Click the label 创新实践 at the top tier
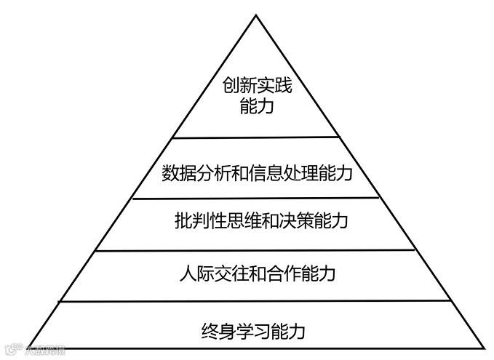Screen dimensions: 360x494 coord(256,87)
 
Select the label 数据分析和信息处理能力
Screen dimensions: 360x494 coord(257,174)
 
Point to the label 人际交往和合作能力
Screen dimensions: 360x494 coord(256,274)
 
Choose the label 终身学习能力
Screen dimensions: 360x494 coord(252,333)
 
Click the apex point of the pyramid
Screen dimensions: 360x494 coord(256,15)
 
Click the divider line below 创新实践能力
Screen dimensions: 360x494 coord(256,137)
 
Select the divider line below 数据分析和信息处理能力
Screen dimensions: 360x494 coord(256,198)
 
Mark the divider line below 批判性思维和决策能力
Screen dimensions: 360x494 coord(256,251)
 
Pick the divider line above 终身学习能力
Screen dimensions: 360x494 coord(256,301)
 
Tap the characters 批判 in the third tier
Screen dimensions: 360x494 coord(191,220)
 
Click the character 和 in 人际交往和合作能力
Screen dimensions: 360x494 coord(256,274)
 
